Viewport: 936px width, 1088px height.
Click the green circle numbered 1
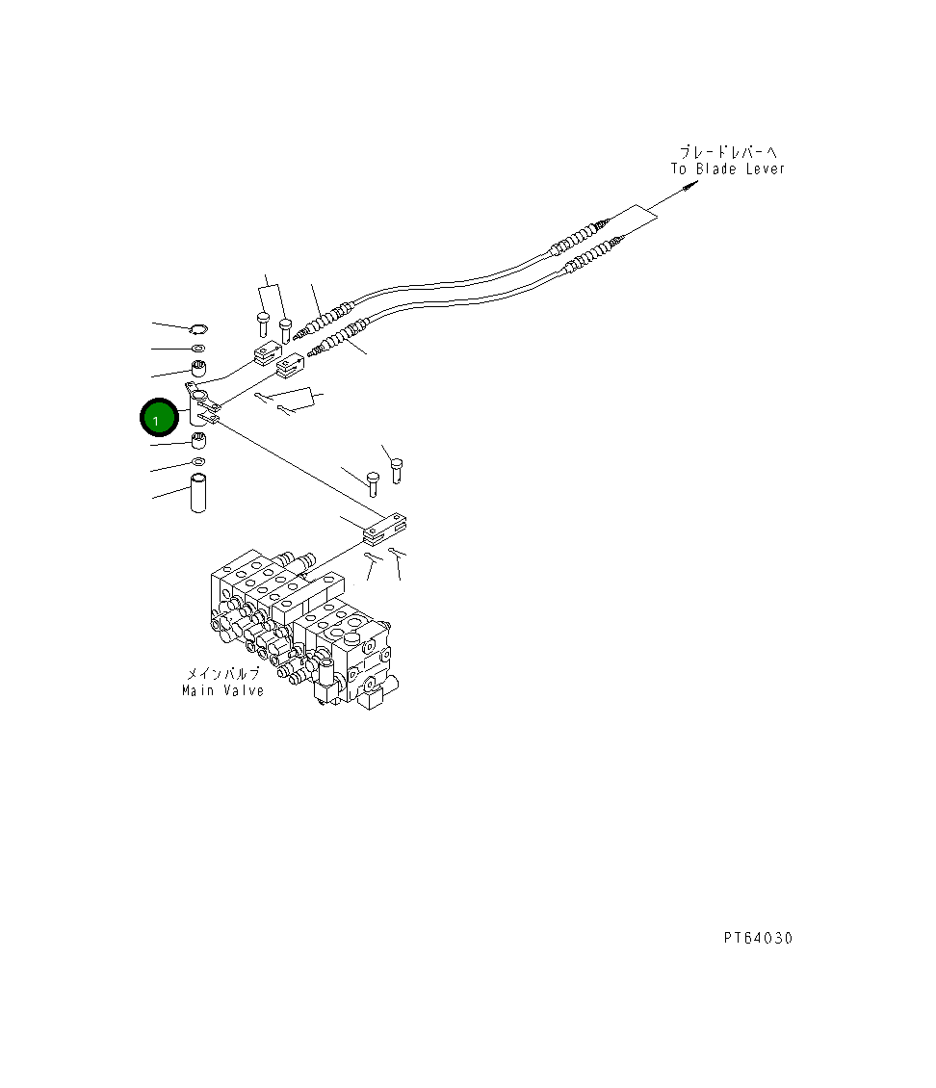[x=159, y=418]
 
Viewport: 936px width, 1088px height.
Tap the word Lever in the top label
[x=765, y=168]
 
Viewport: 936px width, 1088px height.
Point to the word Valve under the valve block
[x=244, y=690]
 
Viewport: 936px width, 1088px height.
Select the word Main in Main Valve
[x=197, y=690]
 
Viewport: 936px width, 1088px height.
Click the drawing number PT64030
[x=758, y=938]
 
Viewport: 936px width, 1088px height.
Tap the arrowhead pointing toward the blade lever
[x=691, y=185]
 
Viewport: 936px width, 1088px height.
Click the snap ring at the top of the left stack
[x=198, y=328]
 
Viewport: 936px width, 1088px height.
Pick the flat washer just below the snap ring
[x=197, y=348]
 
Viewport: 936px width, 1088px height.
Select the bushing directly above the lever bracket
[x=198, y=368]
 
